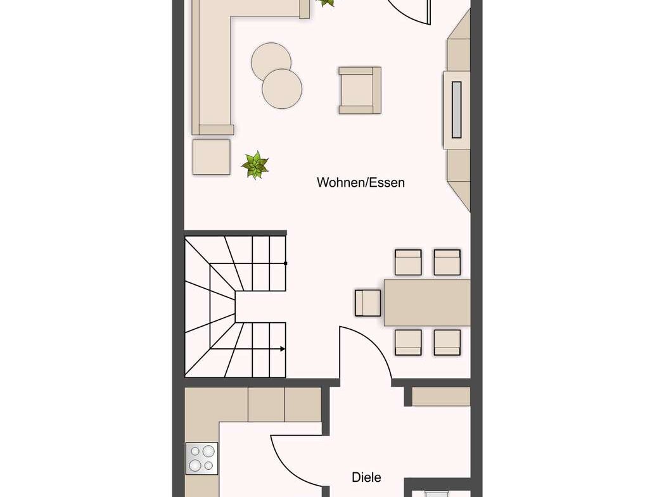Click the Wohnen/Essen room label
click(361, 182)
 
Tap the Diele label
click(366, 477)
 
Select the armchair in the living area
click(360, 90)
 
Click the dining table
click(427, 303)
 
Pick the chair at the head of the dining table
click(368, 303)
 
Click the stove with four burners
click(201, 458)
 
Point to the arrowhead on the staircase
click(283, 349)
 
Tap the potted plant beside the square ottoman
click(255, 165)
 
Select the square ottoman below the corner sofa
click(212, 156)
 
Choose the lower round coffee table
click(282, 89)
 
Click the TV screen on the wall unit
click(457, 110)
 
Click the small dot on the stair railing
click(286, 263)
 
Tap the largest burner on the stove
click(208, 451)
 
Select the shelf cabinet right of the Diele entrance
click(441, 396)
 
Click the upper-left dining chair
click(408, 262)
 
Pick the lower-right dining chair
click(447, 342)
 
